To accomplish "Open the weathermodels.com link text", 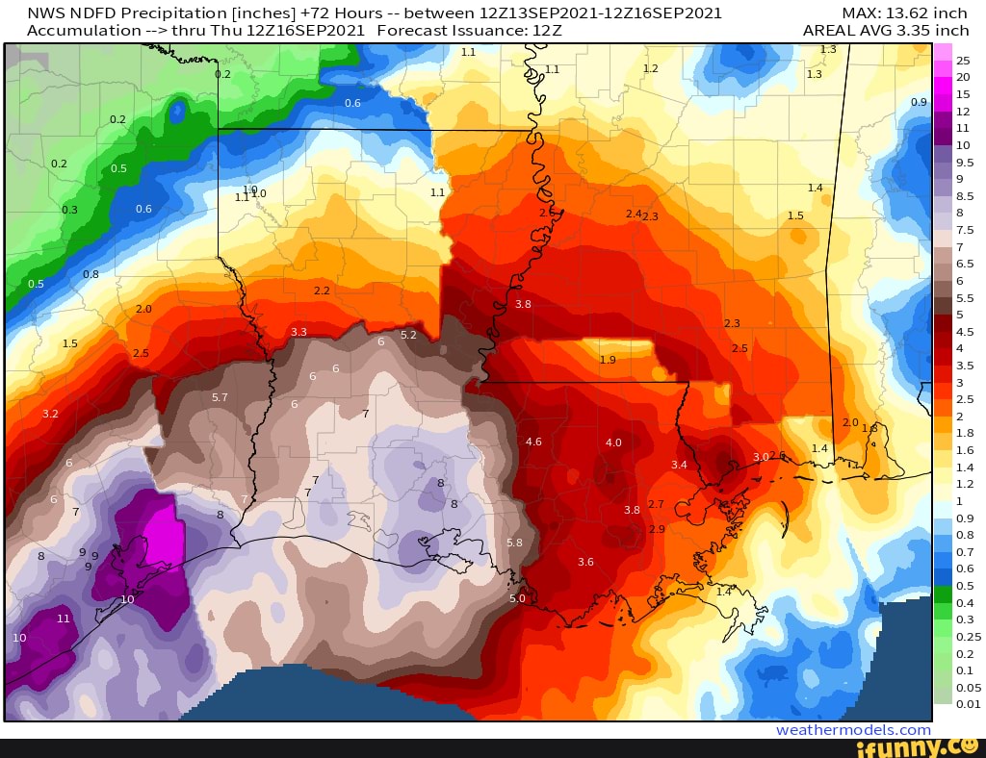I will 853,730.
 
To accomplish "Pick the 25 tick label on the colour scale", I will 963,61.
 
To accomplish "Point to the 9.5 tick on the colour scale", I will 964,162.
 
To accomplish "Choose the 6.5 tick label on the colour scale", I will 964,264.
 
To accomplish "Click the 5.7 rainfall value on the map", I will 220,397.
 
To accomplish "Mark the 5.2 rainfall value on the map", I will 408,335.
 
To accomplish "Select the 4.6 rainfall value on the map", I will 533,442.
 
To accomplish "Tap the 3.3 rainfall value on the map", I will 298,332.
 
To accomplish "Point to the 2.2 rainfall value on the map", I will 322,291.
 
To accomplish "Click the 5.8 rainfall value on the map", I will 515,543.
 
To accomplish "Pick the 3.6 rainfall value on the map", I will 585,562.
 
